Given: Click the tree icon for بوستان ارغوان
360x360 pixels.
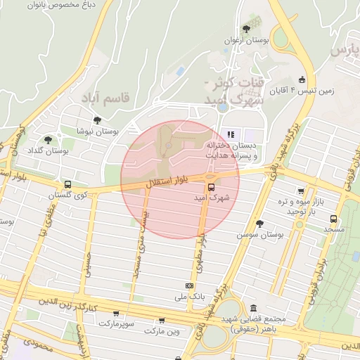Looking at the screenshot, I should [x=246, y=29].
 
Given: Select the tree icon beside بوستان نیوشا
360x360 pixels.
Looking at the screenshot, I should [x=96, y=120].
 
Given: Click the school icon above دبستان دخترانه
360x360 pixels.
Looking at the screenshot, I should [x=230, y=134].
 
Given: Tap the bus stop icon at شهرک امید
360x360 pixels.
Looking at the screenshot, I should [x=210, y=186].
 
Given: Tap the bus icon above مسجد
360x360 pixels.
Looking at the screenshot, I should [x=333, y=218].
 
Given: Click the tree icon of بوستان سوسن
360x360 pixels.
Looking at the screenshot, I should [x=259, y=223].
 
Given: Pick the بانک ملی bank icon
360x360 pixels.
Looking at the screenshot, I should [x=188, y=285].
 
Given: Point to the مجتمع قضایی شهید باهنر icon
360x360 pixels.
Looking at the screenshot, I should [x=253, y=308].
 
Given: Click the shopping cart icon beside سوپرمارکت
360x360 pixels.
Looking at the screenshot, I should [x=116, y=314].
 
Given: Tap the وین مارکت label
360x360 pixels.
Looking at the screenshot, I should [x=163, y=330].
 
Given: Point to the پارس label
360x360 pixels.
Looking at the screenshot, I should [x=345, y=51].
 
